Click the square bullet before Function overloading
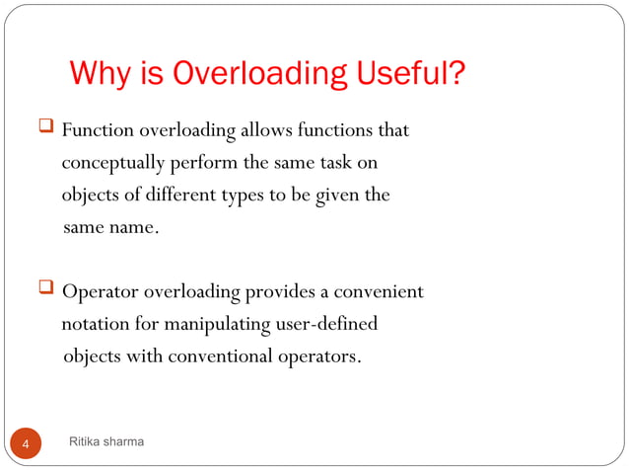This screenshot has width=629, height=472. tap(45, 128)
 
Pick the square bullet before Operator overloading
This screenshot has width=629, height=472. tap(45, 290)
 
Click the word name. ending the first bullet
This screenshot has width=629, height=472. tap(133, 227)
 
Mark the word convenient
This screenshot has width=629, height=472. tap(379, 292)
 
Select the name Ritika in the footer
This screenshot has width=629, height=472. tap(86, 441)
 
